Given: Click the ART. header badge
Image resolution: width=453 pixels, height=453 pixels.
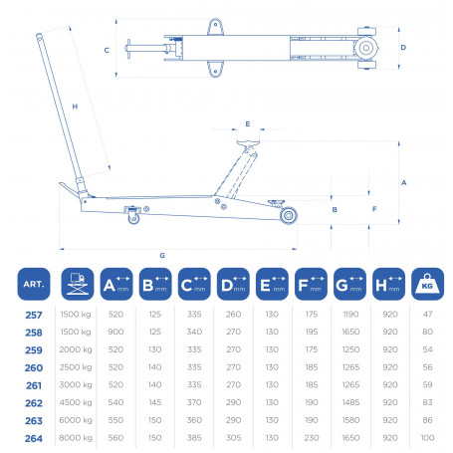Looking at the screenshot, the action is click(34, 284).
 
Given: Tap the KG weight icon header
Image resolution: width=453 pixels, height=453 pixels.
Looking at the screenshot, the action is click(427, 284).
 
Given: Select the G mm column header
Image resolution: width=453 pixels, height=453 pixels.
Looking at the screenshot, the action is click(349, 284).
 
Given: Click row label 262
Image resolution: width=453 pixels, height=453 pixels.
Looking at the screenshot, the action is click(34, 403).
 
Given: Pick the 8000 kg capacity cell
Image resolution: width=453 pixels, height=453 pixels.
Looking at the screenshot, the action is click(76, 438).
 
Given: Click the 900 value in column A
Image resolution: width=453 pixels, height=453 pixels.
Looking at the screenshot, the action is click(115, 332).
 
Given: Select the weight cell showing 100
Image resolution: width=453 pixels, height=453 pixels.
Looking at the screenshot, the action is click(427, 438).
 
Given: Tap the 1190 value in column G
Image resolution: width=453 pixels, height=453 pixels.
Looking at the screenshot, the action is click(350, 315).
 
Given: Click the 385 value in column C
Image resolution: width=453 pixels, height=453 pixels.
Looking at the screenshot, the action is click(194, 438).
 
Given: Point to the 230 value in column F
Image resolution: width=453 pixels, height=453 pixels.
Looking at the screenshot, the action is click(312, 438).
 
